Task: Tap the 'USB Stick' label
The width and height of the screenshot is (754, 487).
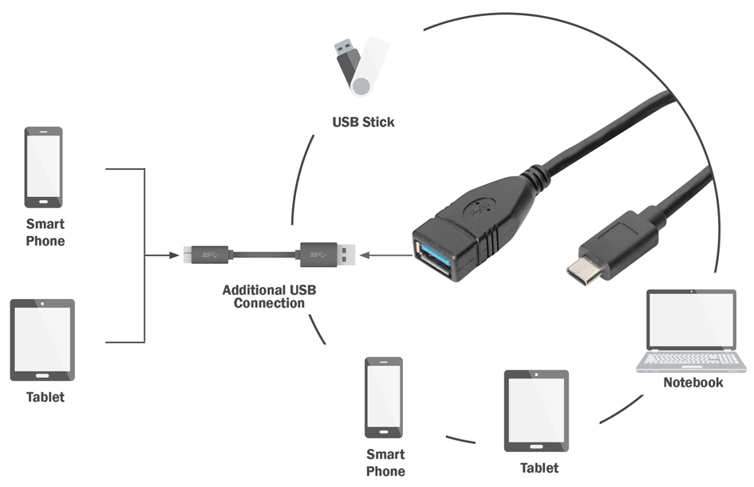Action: tap(364, 122)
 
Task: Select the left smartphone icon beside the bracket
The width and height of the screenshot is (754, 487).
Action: tap(44, 167)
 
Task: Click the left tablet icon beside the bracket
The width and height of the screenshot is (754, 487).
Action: tap(43, 340)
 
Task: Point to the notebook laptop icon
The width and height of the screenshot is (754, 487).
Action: tap(691, 331)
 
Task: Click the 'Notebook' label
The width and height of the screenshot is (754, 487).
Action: tap(693, 383)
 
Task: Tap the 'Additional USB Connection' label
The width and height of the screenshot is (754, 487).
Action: tap(270, 297)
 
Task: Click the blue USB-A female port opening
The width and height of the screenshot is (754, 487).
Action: tap(434, 260)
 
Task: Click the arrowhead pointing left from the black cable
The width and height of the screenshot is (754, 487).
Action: tap(365, 255)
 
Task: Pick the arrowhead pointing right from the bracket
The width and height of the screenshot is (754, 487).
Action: tap(174, 255)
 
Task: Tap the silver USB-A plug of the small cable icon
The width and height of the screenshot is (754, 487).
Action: tap(346, 254)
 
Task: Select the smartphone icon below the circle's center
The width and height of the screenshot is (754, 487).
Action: tap(384, 398)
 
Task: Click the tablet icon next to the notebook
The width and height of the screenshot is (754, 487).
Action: tap(536, 410)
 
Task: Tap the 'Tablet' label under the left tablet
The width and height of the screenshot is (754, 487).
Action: tap(45, 397)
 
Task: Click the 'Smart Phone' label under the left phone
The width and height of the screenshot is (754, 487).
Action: tap(45, 233)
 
